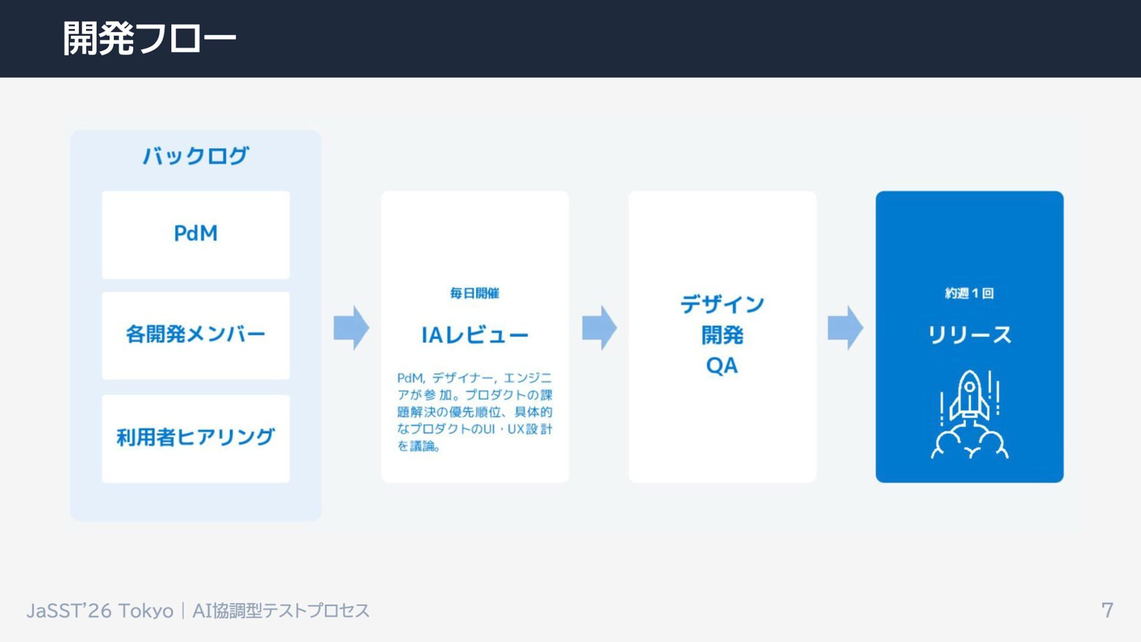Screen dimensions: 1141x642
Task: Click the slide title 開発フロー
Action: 149,39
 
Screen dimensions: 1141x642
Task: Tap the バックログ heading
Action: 196,156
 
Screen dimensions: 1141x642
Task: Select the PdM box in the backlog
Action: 196,234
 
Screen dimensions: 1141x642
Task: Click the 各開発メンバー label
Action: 196,335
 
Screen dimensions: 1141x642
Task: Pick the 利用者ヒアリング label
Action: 196,438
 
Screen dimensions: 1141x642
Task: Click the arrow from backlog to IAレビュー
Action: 351,328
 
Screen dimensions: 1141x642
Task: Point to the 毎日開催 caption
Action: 474,293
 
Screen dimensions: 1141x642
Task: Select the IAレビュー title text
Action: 474,335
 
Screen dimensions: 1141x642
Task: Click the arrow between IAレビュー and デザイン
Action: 599,328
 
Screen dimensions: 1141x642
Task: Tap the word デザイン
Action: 722,304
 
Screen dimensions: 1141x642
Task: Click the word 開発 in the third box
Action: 722,335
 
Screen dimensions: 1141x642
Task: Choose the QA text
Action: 722,366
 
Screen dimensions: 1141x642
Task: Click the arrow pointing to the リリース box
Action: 845,328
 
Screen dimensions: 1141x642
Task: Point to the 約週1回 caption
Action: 969,293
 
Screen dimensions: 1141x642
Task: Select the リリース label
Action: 969,335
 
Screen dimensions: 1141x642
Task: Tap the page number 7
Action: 1107,610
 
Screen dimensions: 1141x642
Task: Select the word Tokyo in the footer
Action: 146,610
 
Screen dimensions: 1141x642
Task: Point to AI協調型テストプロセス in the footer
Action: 280,610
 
